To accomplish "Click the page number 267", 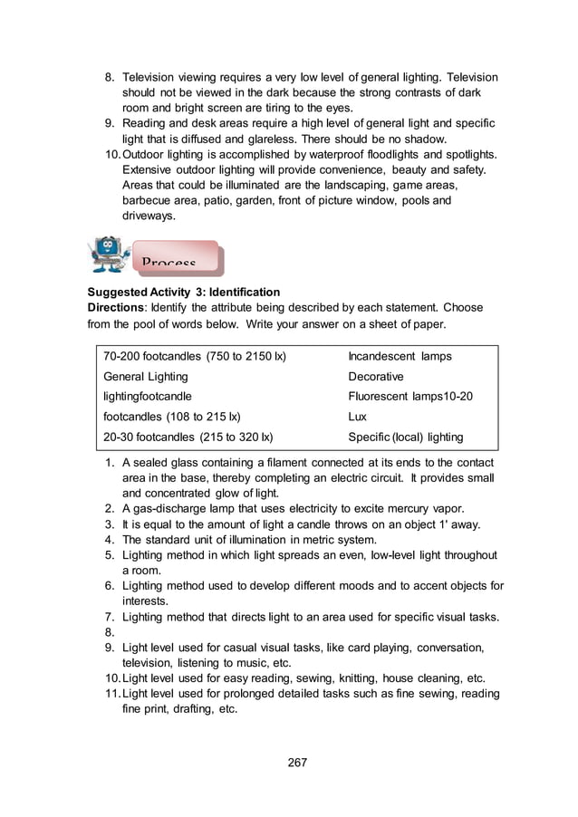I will coord(297,762).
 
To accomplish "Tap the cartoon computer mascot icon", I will coord(110,255).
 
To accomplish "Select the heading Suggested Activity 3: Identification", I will coord(183,292).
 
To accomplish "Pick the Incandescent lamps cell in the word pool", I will coord(400,356).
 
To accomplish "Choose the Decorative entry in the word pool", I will coord(376,376).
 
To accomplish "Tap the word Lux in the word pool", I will coord(357,417).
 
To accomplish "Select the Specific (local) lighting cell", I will coord(405,437).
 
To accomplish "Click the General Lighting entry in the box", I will coord(146,376).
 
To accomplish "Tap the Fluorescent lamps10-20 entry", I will coord(410,396).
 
